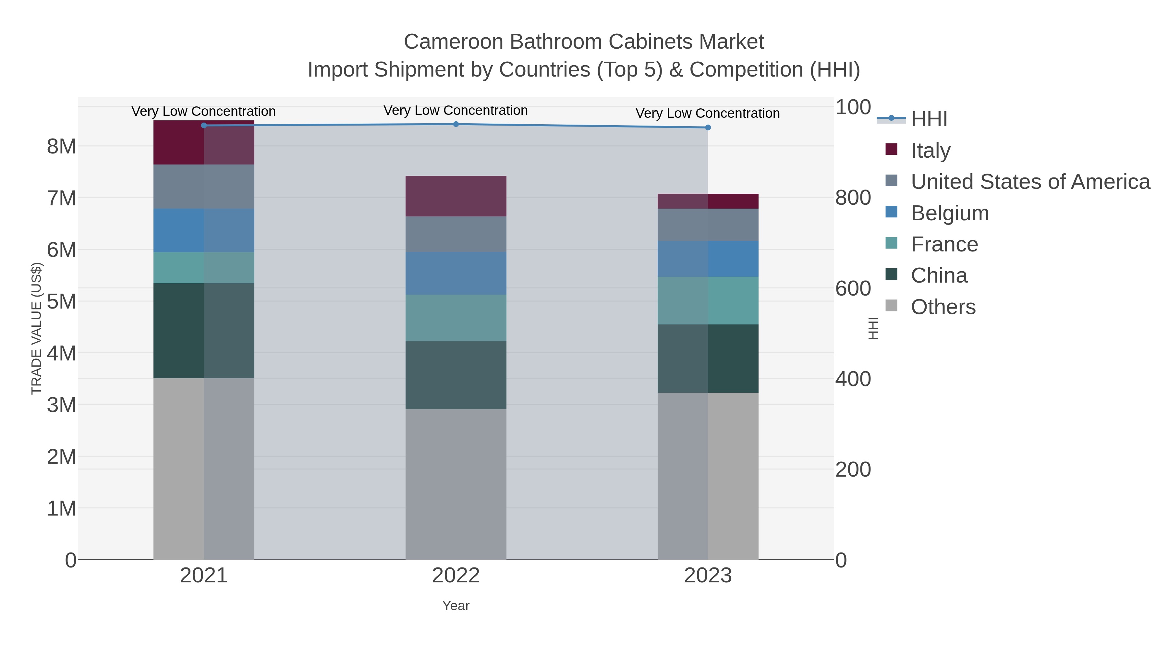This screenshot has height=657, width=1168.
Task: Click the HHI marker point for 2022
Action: tap(456, 124)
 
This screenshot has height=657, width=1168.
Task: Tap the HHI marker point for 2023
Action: tap(708, 128)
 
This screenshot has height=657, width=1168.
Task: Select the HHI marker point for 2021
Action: tap(203, 126)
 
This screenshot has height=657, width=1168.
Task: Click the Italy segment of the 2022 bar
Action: tap(456, 196)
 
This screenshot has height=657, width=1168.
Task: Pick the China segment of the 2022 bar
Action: tap(456, 375)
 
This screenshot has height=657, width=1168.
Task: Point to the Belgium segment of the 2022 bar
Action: tap(456, 274)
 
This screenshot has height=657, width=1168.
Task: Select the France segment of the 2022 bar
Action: tap(456, 318)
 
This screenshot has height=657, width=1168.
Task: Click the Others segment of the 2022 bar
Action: tap(456, 484)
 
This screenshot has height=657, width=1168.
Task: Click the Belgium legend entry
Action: tap(949, 213)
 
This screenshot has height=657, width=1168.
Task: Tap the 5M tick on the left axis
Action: tap(62, 301)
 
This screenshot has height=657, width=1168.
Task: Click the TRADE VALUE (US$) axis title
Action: tap(36, 329)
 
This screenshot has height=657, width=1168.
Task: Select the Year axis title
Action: tap(456, 606)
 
